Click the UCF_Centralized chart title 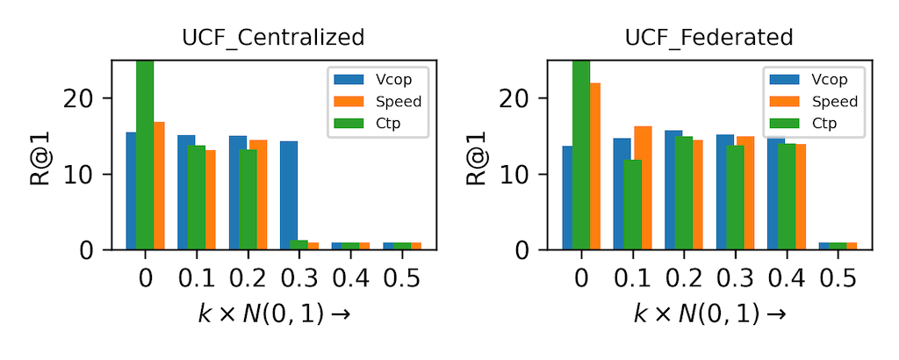272,38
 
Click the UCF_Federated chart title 708,38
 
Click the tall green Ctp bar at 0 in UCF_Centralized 145,155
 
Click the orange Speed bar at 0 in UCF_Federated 594,166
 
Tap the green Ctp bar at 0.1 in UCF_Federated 633,205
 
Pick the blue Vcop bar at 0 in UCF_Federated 567,198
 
